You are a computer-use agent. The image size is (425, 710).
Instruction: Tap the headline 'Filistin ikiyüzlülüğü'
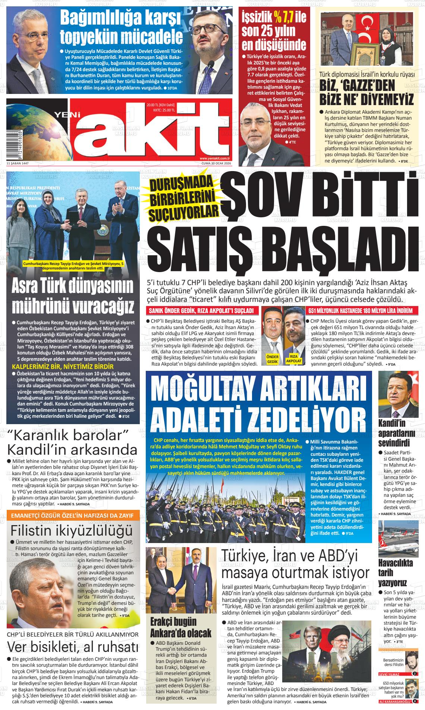[x=72, y=530]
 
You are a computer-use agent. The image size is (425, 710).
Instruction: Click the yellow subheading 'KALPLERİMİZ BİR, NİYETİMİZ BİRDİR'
[x=63, y=366]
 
